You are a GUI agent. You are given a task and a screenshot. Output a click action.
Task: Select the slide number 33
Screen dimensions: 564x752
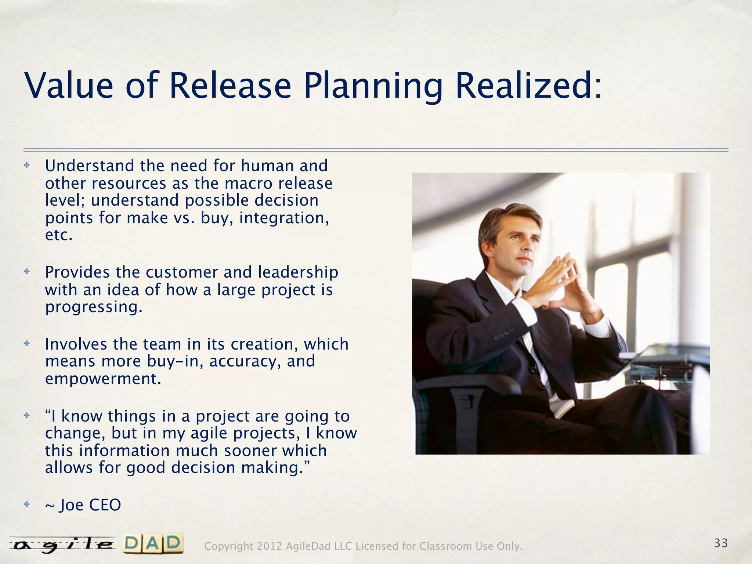click(721, 543)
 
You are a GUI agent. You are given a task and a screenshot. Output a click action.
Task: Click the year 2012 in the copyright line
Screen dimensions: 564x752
click(270, 546)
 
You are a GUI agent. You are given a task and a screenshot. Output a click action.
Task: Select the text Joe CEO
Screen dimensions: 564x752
click(90, 505)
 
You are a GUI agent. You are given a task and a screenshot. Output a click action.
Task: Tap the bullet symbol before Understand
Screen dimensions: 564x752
click(26, 166)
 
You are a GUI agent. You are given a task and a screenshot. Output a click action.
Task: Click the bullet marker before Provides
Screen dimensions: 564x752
click(26, 272)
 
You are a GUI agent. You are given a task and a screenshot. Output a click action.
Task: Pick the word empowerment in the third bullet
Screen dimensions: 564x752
click(103, 379)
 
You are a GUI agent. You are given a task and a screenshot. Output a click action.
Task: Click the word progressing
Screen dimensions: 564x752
click(94, 307)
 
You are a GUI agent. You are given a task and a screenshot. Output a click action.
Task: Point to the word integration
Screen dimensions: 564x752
click(284, 218)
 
